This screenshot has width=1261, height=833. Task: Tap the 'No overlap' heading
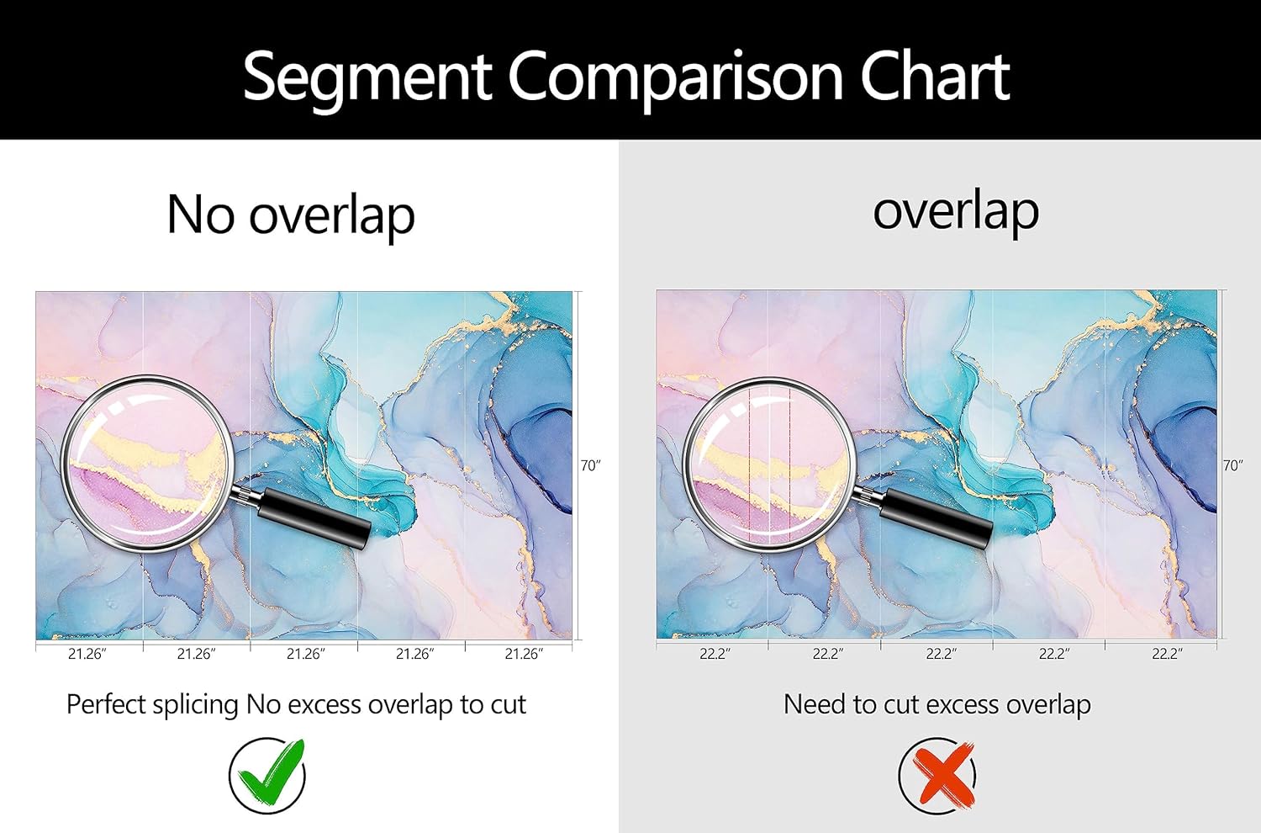[291, 215]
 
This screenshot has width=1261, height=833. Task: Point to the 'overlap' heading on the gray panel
[956, 213]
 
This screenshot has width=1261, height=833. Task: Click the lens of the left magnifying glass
[146, 464]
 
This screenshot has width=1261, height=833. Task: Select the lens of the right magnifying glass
[769, 464]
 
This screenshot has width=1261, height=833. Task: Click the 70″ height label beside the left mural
[590, 465]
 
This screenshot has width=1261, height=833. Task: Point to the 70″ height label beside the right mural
[1232, 465]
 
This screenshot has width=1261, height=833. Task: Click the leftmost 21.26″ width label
[87, 654]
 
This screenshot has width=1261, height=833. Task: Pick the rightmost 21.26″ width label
[524, 654]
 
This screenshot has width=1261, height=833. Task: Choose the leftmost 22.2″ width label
[715, 654]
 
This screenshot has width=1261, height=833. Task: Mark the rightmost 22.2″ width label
[1167, 654]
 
